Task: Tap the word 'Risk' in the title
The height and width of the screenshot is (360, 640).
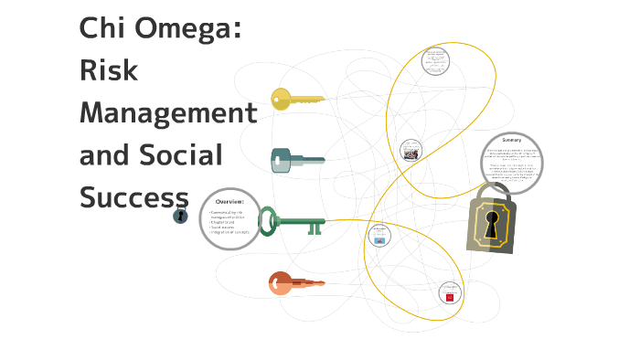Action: pos(109,70)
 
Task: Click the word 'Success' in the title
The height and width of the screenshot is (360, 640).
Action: pos(133,196)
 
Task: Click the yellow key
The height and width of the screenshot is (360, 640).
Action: pos(297,99)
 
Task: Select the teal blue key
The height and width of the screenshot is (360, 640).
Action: pos(296,161)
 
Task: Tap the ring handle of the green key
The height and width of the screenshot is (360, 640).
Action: pos(267,220)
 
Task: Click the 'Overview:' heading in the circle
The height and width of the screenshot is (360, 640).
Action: pos(229,201)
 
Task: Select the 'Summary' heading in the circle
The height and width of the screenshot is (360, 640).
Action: pos(512,140)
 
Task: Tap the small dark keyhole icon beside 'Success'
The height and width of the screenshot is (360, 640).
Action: pos(180,216)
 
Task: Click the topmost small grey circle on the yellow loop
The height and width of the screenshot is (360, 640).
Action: pos(436,61)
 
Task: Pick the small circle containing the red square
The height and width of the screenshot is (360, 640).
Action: pos(450,294)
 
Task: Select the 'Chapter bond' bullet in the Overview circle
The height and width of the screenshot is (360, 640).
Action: pos(224,222)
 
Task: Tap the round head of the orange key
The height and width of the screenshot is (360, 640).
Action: pos(279,283)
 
